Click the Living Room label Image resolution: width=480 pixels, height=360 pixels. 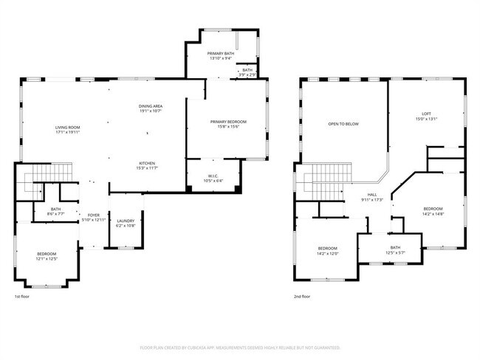click(67, 128)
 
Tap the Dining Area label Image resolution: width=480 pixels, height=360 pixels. click(151, 107)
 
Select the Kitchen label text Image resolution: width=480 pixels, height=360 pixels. click(147, 163)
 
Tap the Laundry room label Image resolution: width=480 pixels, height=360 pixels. click(126, 221)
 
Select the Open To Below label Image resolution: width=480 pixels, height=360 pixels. click(343, 124)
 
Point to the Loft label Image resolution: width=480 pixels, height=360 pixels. click(426, 113)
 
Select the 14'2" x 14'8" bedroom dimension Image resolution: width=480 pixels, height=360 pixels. click(433, 215)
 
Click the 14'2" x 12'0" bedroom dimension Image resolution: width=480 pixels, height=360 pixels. click(327, 253)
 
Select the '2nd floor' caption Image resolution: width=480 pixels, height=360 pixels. click(301, 297)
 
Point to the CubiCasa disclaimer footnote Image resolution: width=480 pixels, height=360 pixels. click(240, 347)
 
